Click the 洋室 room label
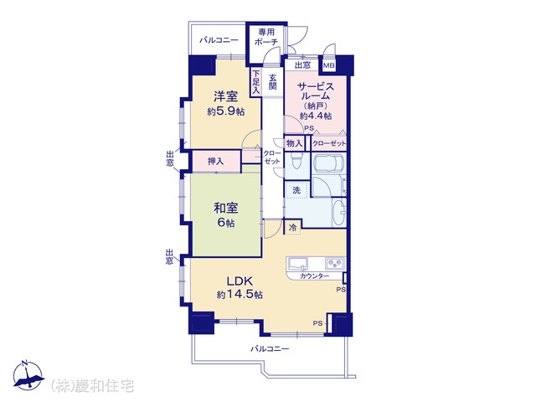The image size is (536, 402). [226, 96]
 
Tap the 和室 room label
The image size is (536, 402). [226, 208]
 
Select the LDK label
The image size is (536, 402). [240, 281]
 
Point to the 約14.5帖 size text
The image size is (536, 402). [240, 295]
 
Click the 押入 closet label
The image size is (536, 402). [216, 161]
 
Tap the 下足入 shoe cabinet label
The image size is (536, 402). [256, 82]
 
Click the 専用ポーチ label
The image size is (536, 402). [266, 37]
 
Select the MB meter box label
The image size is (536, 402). [329, 65]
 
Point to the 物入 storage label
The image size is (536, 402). [294, 143]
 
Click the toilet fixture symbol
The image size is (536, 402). [296, 160]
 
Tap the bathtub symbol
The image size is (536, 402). [328, 164]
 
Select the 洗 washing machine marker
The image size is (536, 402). [296, 190]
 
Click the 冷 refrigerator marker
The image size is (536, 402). [292, 227]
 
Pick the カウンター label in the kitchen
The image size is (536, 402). [315, 276]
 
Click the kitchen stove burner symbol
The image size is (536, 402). [335, 263]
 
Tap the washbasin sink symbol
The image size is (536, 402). [338, 213]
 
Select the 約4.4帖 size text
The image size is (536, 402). [316, 116]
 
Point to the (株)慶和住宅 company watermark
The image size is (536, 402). [92, 386]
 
